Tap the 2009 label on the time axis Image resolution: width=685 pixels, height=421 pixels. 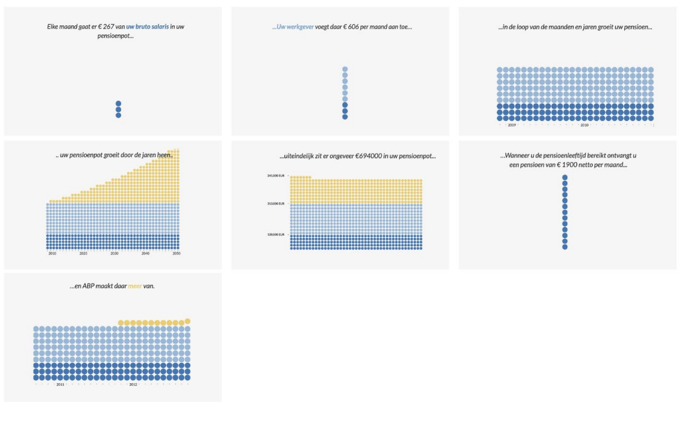512,125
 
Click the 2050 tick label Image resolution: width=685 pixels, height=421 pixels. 176,254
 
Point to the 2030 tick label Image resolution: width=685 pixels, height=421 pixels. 115,254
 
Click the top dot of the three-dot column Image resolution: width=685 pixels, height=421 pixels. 118,103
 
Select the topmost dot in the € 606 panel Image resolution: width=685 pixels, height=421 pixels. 345,69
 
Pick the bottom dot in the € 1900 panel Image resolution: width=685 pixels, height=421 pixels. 565,247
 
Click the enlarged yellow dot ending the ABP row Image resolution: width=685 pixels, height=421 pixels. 188,321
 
